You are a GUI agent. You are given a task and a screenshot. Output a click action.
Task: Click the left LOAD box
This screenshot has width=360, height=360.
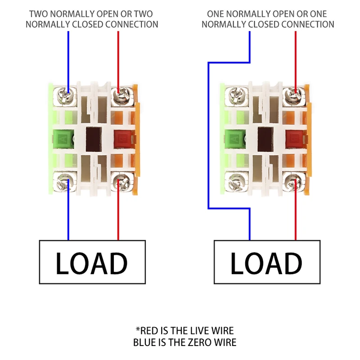92,262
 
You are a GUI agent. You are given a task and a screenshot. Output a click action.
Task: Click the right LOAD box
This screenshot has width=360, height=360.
267,262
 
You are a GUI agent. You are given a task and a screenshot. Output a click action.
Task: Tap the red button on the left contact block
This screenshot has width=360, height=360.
123,139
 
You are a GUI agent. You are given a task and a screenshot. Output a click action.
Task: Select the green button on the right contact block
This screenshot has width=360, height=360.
235,139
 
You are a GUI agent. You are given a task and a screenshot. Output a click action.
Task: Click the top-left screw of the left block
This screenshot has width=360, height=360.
63,95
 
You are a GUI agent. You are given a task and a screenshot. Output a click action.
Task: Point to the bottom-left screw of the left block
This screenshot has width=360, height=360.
63,182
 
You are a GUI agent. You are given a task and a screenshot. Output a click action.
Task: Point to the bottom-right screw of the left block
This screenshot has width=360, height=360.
121,182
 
